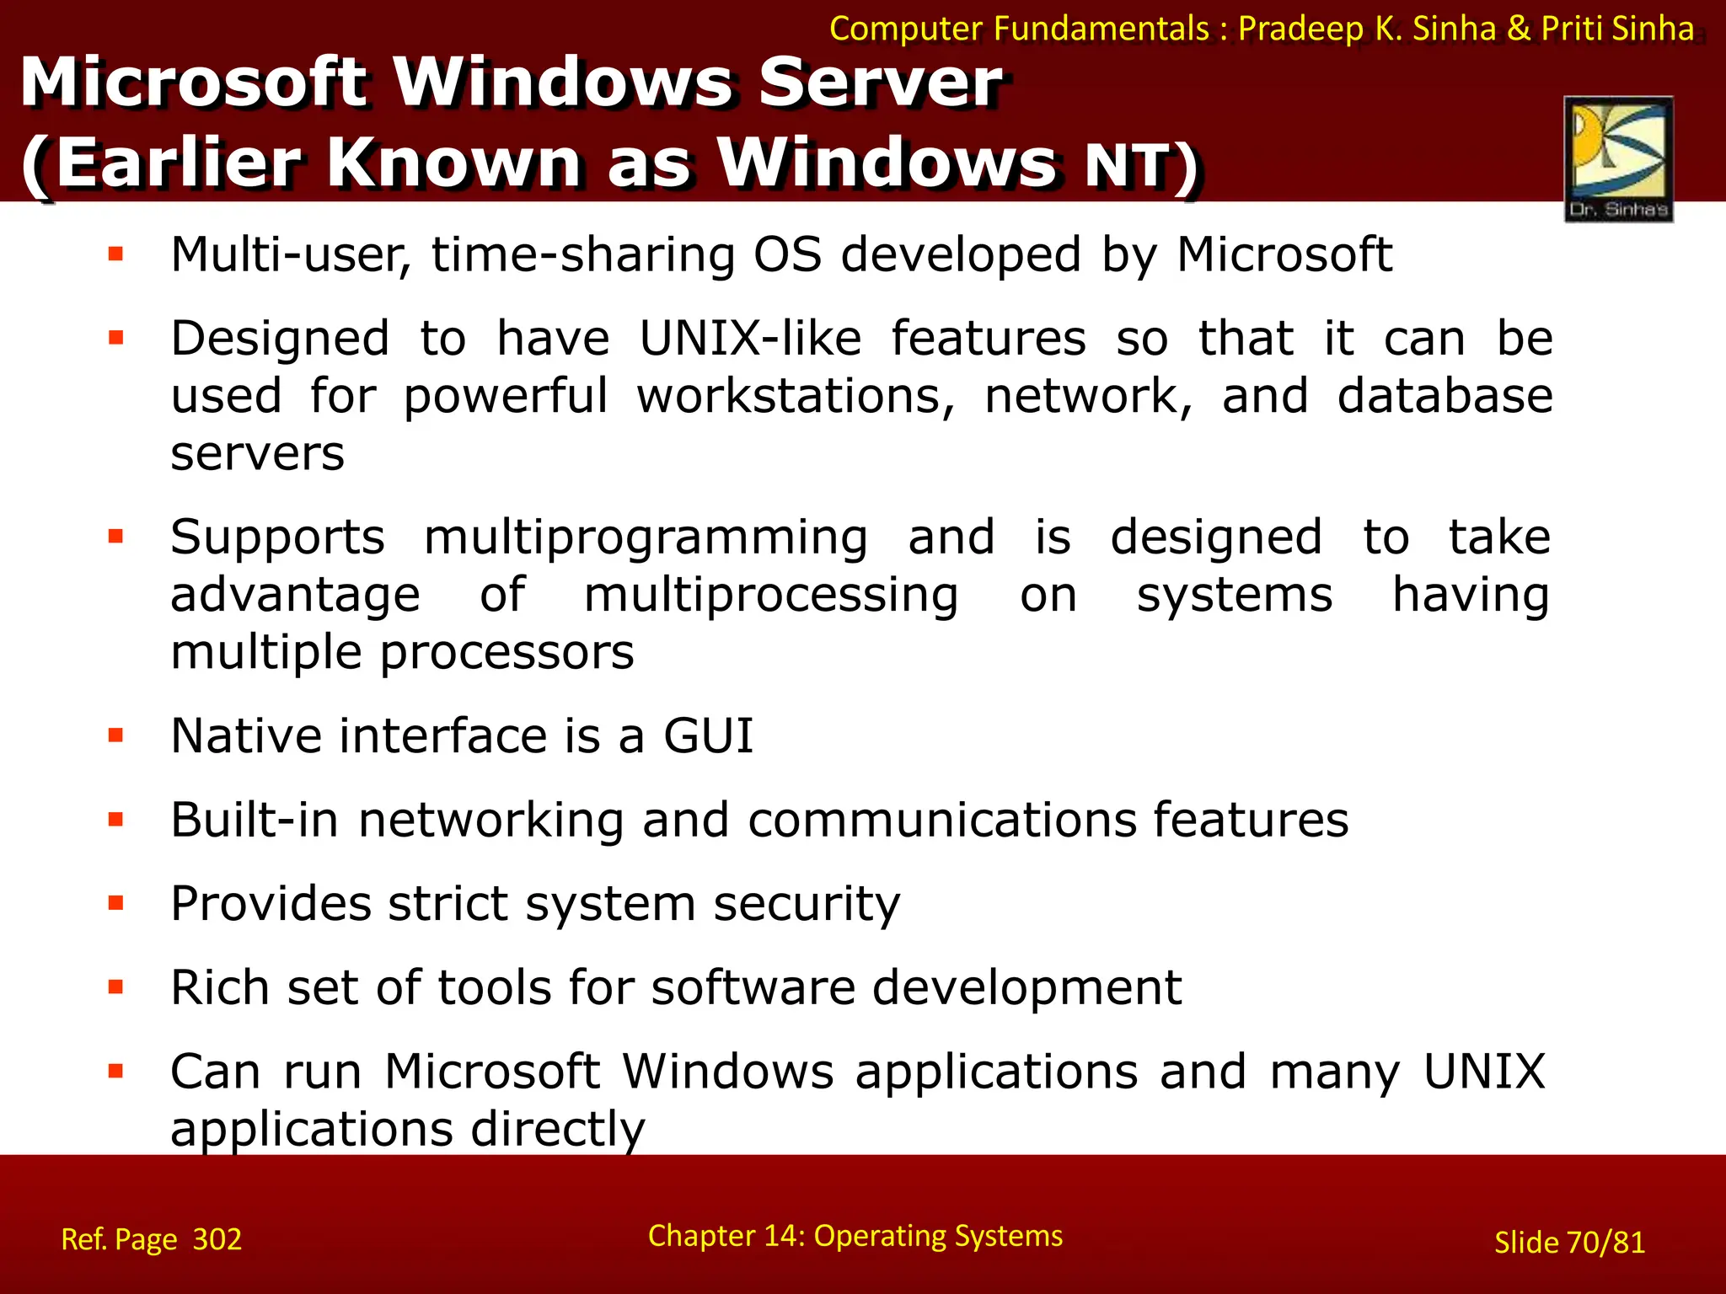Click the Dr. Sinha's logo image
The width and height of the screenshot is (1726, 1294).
[1618, 158]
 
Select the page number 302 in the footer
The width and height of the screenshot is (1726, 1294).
[217, 1239]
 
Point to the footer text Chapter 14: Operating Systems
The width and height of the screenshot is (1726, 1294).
[855, 1236]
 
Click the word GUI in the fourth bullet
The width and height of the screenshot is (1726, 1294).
[708, 735]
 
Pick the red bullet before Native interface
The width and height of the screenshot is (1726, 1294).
[116, 736]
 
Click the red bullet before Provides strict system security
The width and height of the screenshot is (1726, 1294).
[116, 904]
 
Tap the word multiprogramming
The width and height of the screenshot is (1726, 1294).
[646, 537]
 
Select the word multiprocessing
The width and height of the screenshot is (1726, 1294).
[771, 596]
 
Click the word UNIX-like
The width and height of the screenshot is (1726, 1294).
[750, 339]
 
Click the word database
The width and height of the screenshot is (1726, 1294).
[1445, 396]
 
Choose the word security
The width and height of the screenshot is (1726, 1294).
[807, 904]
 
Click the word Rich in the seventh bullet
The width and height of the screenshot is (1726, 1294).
[219, 987]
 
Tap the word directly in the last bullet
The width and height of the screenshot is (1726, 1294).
[557, 1129]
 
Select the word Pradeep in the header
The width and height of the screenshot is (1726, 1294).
[1300, 29]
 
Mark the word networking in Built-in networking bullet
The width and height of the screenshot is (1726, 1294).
[490, 820]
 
